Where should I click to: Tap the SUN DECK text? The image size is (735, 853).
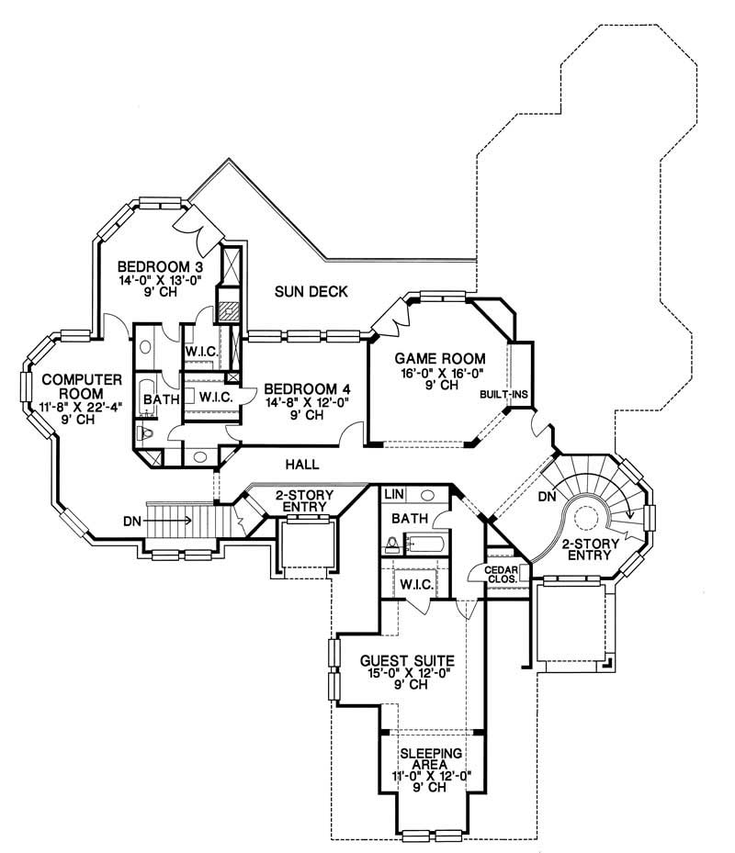pos(311,293)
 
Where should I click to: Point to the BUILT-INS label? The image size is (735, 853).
pos(501,395)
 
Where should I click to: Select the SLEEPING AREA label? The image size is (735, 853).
pos(432,760)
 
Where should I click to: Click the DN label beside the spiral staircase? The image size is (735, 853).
pos(547,497)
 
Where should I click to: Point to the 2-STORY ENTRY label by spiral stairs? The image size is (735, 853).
pos(588,550)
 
